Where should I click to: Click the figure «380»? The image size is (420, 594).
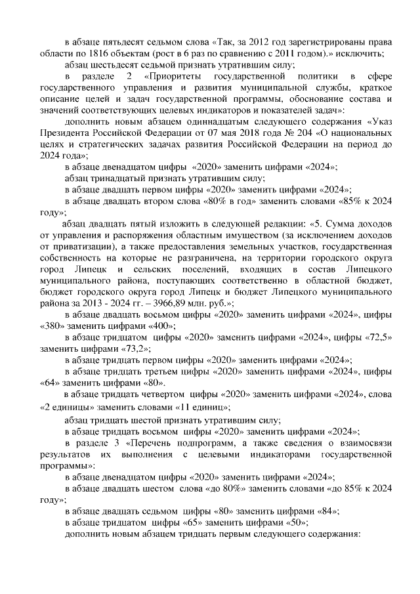coord(52,326)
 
